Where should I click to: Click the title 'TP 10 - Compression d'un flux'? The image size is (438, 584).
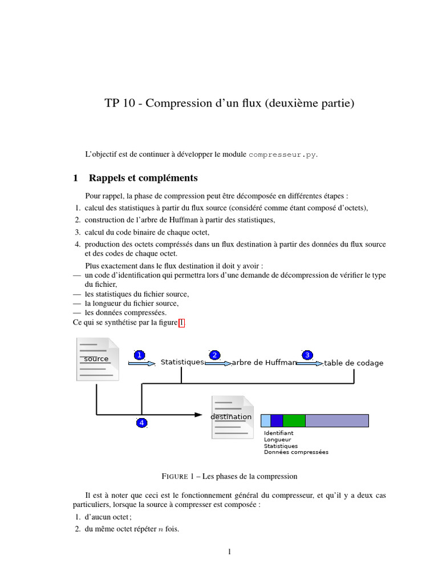point(229,103)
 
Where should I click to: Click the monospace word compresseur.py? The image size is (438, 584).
point(282,155)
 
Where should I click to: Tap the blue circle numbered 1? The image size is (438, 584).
point(139,355)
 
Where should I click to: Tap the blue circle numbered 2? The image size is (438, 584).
point(214,355)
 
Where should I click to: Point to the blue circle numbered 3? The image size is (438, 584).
point(307,355)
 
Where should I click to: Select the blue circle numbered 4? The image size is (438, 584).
point(141,423)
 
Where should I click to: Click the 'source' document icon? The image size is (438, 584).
point(98,359)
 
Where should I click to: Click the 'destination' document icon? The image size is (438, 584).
point(232,417)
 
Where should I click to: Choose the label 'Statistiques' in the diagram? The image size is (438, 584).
point(182,362)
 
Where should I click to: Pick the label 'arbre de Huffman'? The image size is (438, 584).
point(264,362)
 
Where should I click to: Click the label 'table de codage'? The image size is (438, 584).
point(354,363)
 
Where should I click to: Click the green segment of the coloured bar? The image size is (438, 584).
point(294,421)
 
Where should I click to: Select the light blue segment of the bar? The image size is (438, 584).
point(265,421)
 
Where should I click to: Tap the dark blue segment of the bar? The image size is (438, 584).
point(277,421)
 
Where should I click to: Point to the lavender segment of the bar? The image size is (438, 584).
point(336,421)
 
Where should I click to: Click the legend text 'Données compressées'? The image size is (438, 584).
point(296,452)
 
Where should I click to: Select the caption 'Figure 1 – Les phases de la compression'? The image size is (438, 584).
point(229,476)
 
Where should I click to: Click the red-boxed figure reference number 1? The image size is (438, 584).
point(181,323)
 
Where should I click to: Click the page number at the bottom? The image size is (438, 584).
point(229,551)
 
